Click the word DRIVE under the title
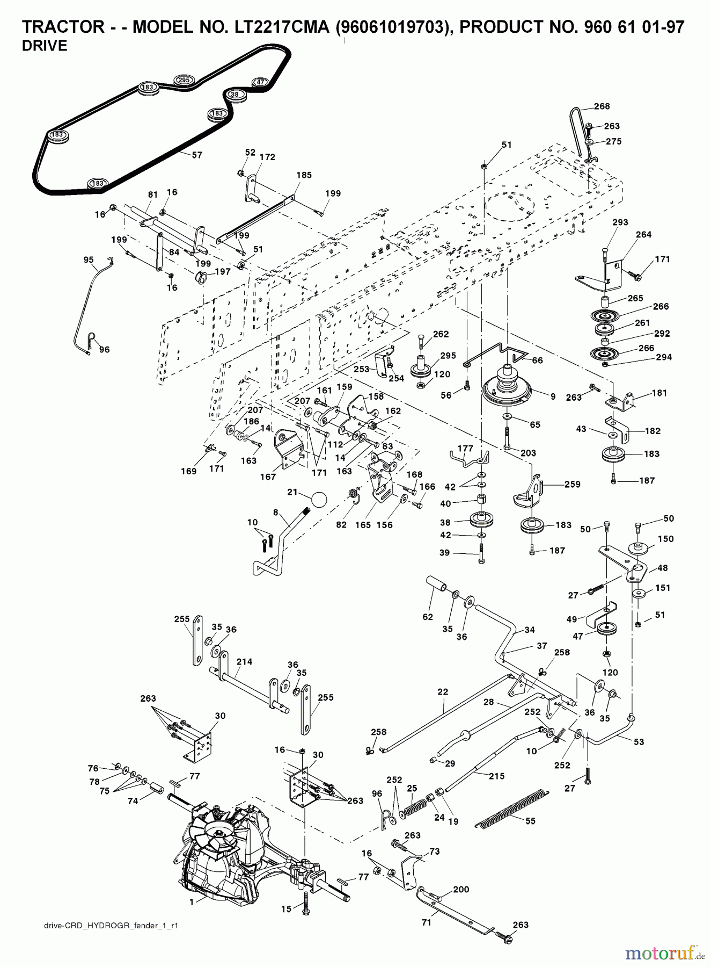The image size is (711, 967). click(x=45, y=46)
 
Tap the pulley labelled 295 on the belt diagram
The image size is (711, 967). click(x=184, y=81)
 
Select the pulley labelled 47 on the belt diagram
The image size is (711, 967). click(x=260, y=82)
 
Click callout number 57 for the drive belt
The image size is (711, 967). click(x=197, y=155)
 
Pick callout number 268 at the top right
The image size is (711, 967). click(x=602, y=106)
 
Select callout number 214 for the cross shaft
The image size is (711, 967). click(x=244, y=662)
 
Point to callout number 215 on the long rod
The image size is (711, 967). click(x=496, y=776)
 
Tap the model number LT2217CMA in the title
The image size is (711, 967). click(x=276, y=27)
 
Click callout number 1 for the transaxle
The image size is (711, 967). click(x=191, y=902)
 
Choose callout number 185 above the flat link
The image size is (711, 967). click(x=304, y=175)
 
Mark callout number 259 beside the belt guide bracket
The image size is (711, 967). click(x=572, y=484)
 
